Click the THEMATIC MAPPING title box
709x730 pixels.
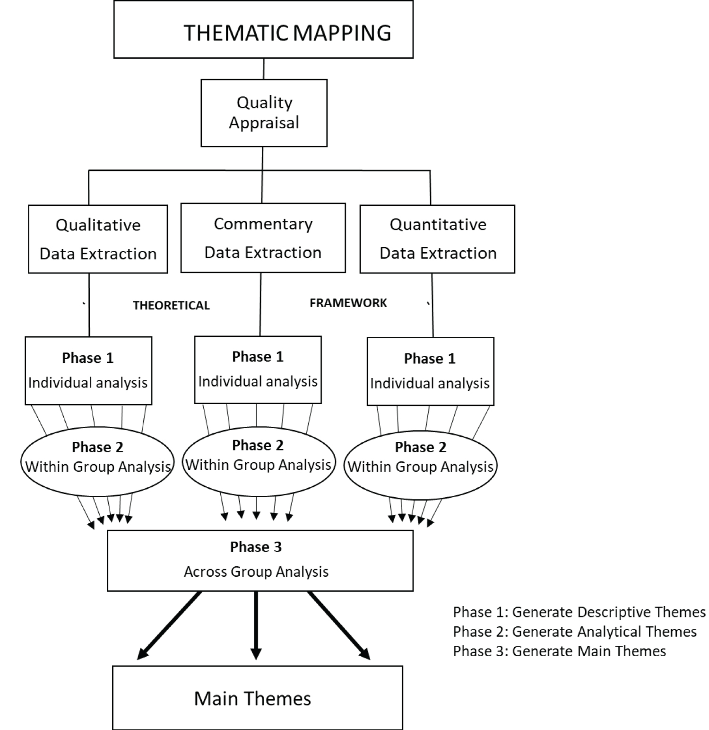tap(263, 29)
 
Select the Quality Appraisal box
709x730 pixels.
tap(264, 113)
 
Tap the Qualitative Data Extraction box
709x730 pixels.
tap(98, 239)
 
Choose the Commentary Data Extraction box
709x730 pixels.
tap(263, 237)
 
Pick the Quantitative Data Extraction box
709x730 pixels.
tap(437, 239)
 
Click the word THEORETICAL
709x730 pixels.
tap(171, 306)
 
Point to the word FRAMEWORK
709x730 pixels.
tap(348, 303)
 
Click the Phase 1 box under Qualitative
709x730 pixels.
tap(88, 370)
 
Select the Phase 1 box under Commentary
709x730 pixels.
tap(258, 369)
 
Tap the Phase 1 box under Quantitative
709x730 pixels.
tap(430, 371)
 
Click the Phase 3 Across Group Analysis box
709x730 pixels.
tap(260, 561)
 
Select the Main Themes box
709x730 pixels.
tap(258, 698)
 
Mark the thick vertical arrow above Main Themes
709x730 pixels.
tap(256, 624)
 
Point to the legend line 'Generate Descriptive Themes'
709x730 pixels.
tap(579, 612)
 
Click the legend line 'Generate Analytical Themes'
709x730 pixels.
tap(575, 632)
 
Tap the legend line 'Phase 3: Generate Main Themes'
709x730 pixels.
tap(560, 651)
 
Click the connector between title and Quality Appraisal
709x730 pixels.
tap(263, 69)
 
